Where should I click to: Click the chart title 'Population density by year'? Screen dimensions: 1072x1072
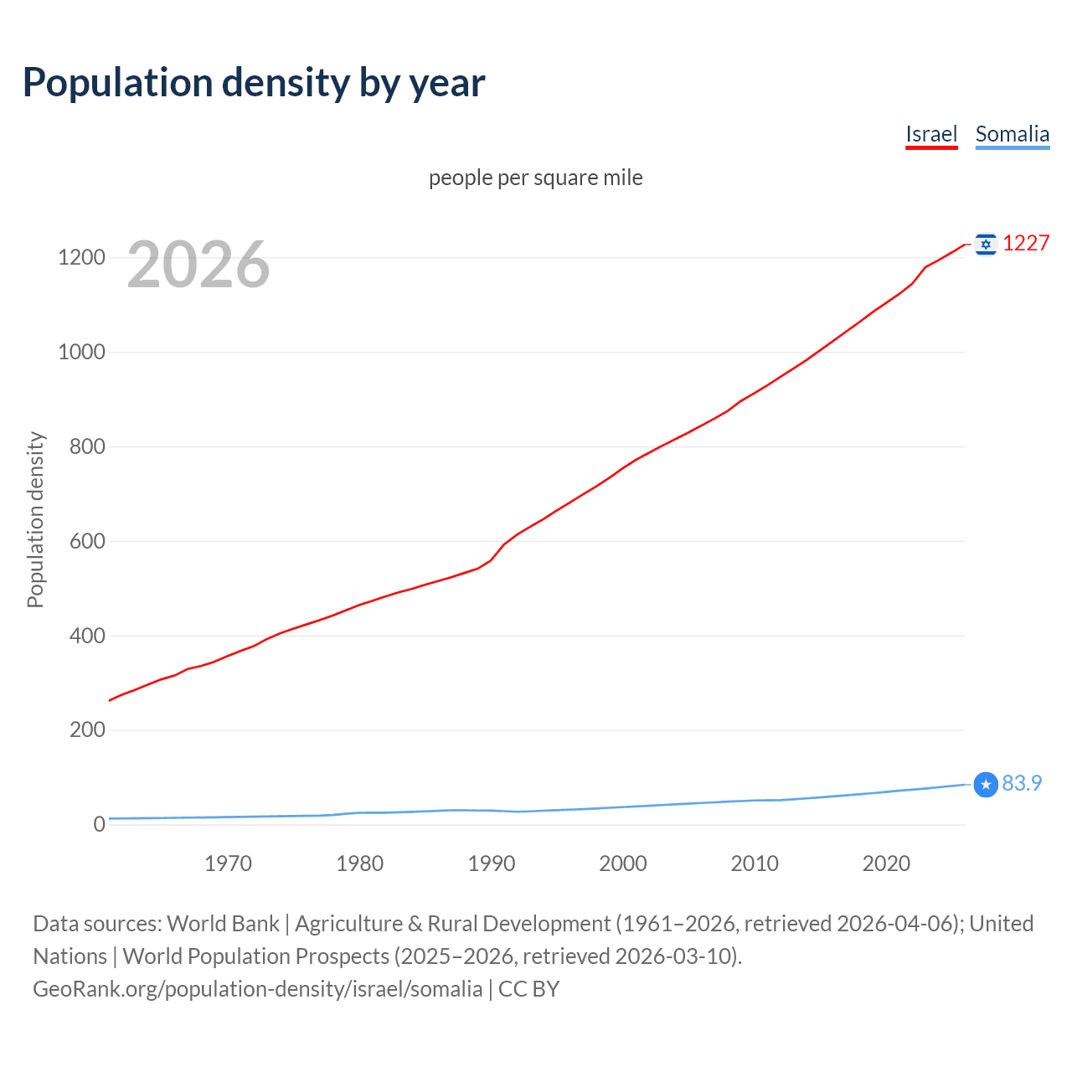(x=254, y=82)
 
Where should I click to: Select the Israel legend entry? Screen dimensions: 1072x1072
(x=930, y=134)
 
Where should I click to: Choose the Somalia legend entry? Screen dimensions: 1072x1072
(x=1012, y=134)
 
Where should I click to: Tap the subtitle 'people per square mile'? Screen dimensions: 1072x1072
(x=535, y=178)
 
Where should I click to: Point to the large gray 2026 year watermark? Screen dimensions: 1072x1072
(x=198, y=265)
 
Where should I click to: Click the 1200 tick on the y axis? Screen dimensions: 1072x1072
(x=81, y=257)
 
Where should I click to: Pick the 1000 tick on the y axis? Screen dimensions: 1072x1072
(x=81, y=352)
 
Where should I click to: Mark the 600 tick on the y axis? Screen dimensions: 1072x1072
(x=87, y=541)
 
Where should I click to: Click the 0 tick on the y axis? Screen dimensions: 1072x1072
(x=100, y=824)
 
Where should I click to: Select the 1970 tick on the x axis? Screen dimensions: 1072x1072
(x=228, y=863)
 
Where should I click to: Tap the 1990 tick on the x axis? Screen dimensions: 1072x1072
(x=492, y=863)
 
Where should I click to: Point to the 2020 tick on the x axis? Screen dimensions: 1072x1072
(x=886, y=863)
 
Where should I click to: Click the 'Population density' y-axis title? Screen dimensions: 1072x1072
(x=35, y=519)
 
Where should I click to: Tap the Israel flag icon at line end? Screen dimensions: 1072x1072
(x=986, y=244)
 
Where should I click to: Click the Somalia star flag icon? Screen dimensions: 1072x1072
(x=986, y=785)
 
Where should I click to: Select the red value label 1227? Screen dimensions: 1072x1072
(x=1026, y=243)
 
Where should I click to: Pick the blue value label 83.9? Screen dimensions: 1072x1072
(x=1022, y=783)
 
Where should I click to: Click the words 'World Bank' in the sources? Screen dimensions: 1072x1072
(x=223, y=923)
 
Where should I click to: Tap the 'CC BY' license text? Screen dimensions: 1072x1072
(x=528, y=988)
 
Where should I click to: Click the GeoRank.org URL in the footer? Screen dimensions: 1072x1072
(x=257, y=988)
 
